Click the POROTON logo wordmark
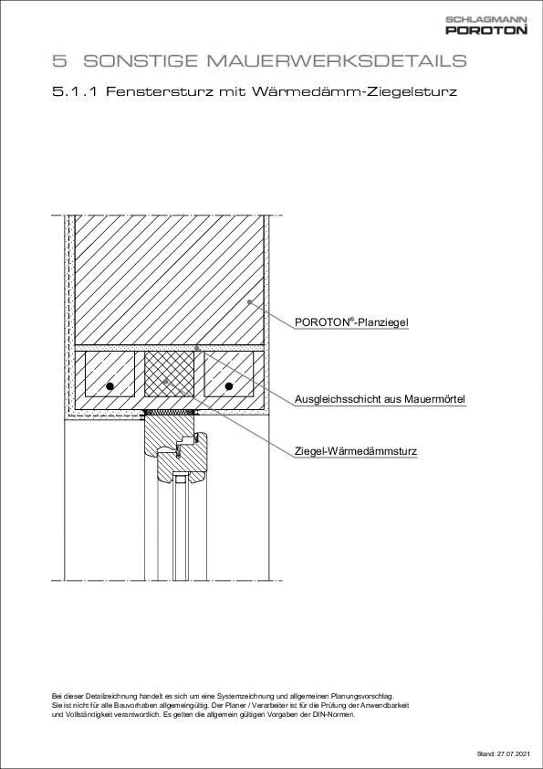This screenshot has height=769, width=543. coord(486,30)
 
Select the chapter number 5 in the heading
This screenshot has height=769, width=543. coord(60,61)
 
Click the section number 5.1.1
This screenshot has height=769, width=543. coord(76,92)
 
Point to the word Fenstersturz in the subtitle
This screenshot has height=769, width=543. coord(159,92)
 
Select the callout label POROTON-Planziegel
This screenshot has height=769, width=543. coord(351,322)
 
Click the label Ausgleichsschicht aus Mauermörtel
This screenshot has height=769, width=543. coord(380,399)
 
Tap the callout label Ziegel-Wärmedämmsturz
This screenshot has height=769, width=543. coord(356,451)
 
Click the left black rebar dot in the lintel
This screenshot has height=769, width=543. coord(110,387)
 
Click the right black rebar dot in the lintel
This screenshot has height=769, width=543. coord(229,387)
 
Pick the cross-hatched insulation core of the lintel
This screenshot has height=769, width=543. coord(170,374)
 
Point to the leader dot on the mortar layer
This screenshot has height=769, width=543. coord(197,348)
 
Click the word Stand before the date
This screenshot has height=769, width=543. coord(485,754)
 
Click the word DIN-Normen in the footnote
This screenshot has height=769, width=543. coord(336,714)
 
